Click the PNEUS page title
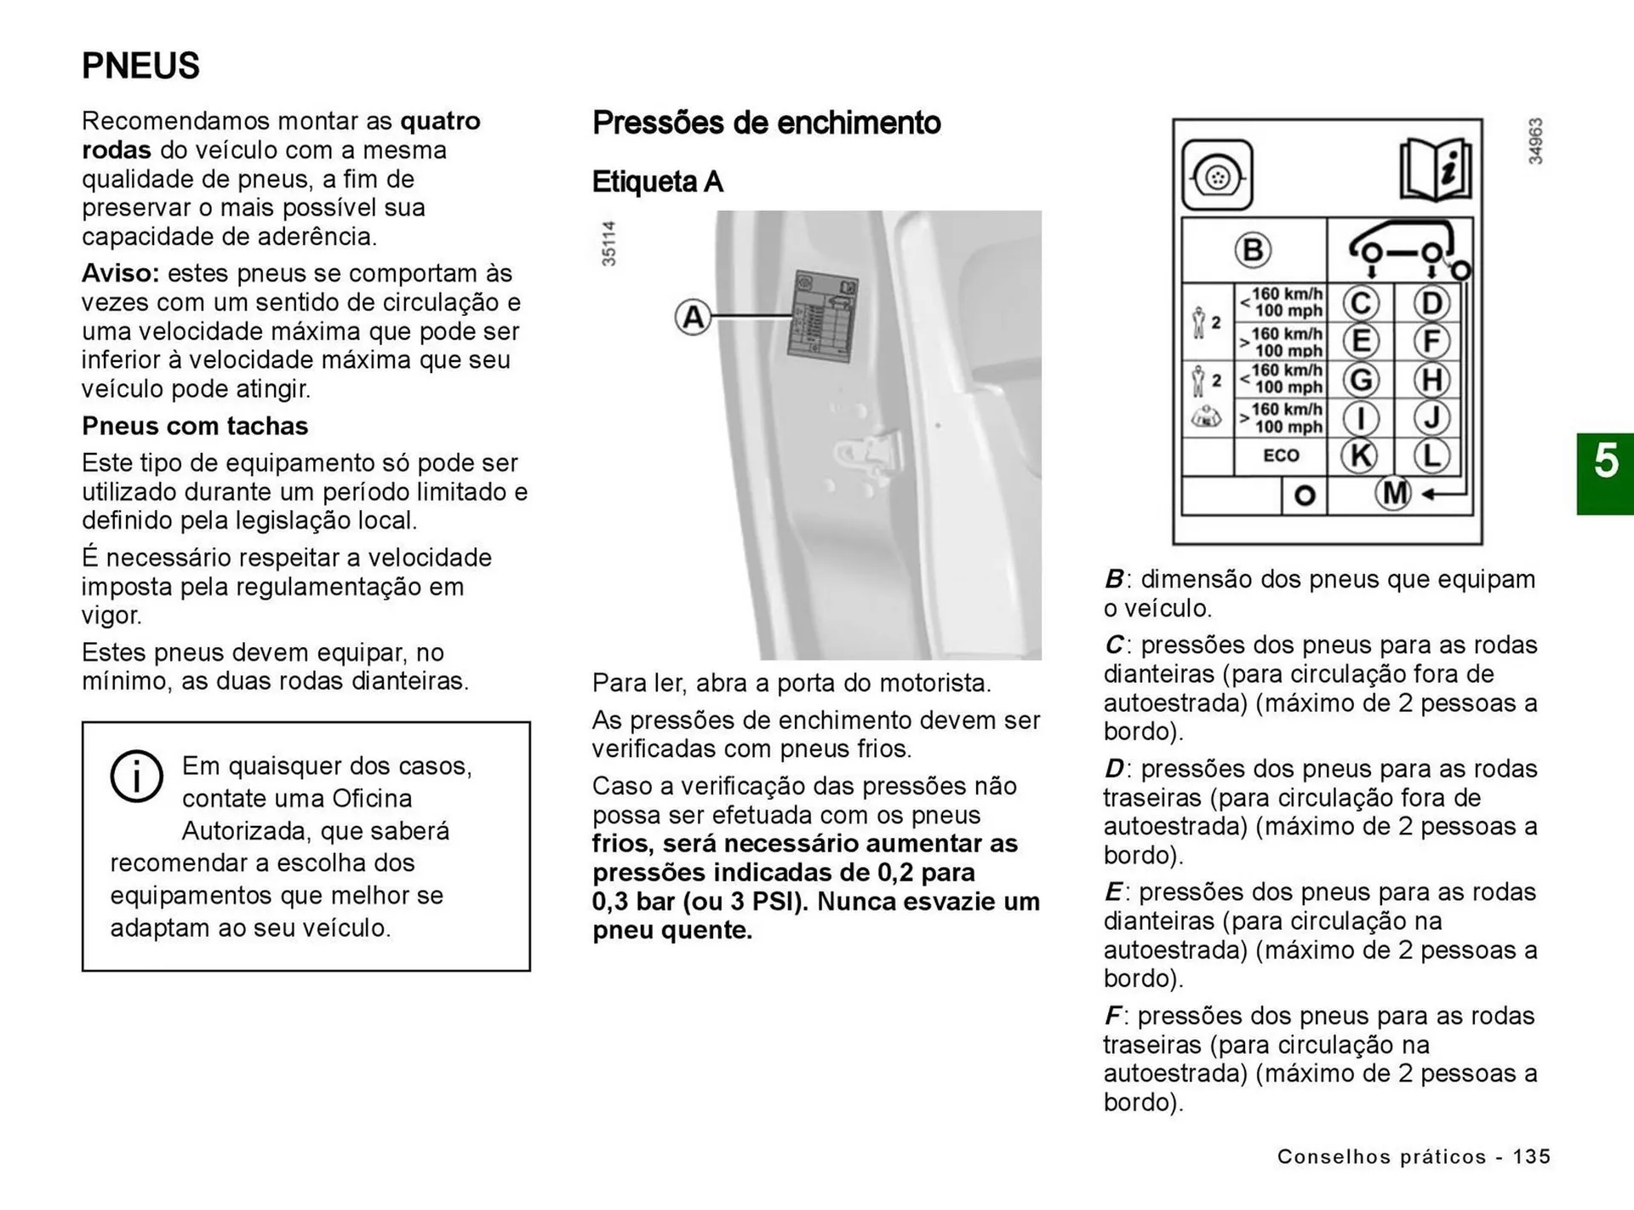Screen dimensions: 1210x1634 tap(140, 66)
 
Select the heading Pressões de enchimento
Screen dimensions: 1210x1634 tap(766, 123)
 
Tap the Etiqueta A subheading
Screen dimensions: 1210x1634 tap(657, 181)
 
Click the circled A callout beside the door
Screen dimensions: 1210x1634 tap(693, 318)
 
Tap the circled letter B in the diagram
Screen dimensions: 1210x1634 tap(1253, 250)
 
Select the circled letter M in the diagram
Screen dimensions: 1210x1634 tap(1393, 493)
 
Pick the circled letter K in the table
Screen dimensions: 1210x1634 tap(1359, 456)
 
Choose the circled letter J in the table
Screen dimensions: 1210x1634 tap(1431, 418)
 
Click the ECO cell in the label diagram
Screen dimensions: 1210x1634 tap(1281, 456)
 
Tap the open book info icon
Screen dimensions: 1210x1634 tap(1436, 169)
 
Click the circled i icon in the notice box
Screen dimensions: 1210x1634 tap(136, 776)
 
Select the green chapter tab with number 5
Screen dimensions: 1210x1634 tap(1605, 473)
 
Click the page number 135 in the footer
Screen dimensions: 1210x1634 tap(1532, 1156)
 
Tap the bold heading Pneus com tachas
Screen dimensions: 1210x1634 tap(195, 426)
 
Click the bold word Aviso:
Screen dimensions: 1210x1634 tap(120, 273)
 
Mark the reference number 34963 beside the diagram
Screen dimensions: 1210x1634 tap(1535, 141)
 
